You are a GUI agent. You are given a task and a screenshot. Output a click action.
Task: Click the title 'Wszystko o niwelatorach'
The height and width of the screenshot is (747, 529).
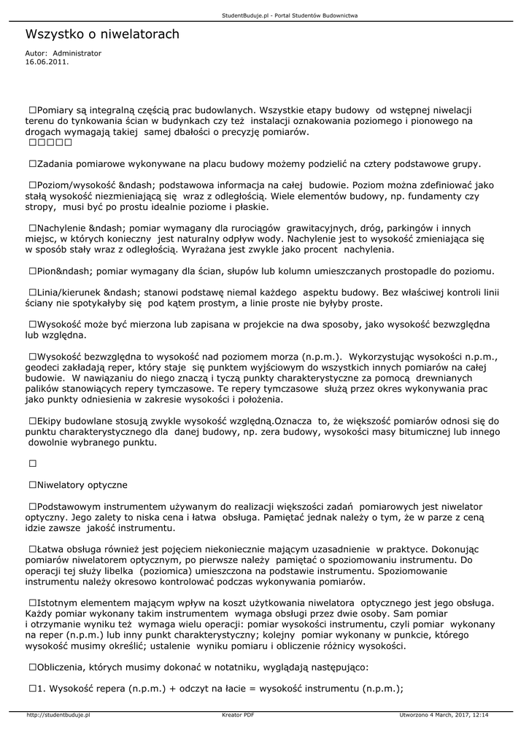pos(102,34)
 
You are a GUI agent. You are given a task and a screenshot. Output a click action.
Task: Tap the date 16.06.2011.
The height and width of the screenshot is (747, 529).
pos(47,62)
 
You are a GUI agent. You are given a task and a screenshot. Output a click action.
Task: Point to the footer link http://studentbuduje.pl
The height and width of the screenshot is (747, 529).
pos(58,715)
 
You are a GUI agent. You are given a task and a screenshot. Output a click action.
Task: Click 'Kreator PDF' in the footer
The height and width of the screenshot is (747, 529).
pos(238,715)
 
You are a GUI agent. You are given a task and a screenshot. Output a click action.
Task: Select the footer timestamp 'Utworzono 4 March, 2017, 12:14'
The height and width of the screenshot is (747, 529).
pos(444,715)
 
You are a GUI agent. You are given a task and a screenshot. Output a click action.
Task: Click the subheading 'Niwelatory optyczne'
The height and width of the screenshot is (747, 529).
pos(82,484)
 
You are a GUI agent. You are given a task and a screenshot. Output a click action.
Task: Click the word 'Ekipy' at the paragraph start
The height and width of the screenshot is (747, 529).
pos(50,421)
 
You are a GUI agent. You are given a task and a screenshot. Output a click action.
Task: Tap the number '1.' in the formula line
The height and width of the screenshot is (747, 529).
pos(42,688)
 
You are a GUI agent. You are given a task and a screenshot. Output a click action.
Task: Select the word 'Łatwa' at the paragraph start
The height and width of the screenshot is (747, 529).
pos(51,549)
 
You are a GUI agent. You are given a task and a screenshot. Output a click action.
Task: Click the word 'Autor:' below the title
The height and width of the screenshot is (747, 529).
pos(36,53)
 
